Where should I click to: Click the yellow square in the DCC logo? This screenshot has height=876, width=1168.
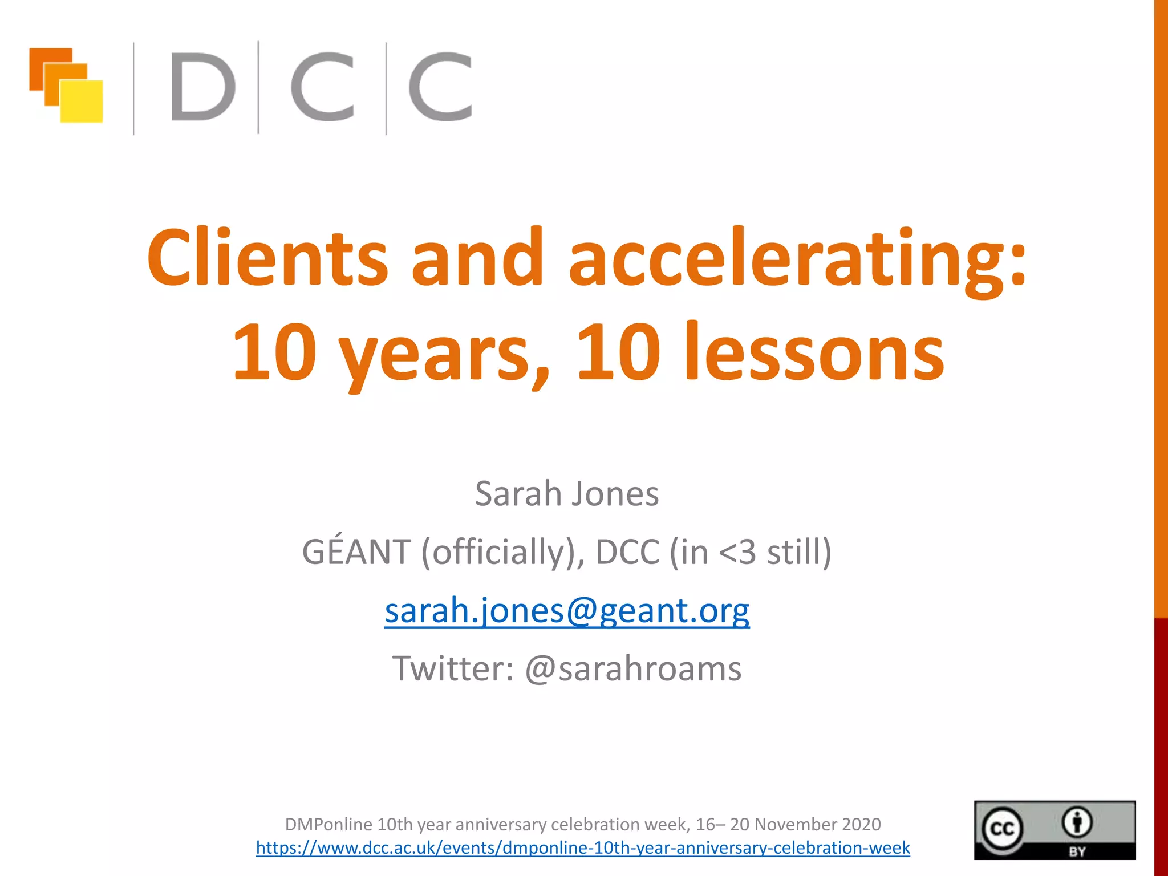click(82, 102)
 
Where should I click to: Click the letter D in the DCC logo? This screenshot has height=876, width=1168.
click(202, 87)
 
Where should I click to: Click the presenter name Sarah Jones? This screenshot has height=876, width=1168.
click(567, 493)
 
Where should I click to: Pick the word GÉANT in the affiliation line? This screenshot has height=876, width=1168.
click(356, 551)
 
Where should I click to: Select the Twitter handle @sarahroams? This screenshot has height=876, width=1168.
click(633, 668)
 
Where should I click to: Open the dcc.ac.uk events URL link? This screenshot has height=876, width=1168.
click(583, 847)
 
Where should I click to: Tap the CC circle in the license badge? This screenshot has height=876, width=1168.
click(1002, 828)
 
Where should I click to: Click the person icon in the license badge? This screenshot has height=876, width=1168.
click(1077, 822)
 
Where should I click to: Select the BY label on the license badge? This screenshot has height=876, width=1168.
click(1077, 851)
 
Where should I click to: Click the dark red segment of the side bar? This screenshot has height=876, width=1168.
click(1161, 741)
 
